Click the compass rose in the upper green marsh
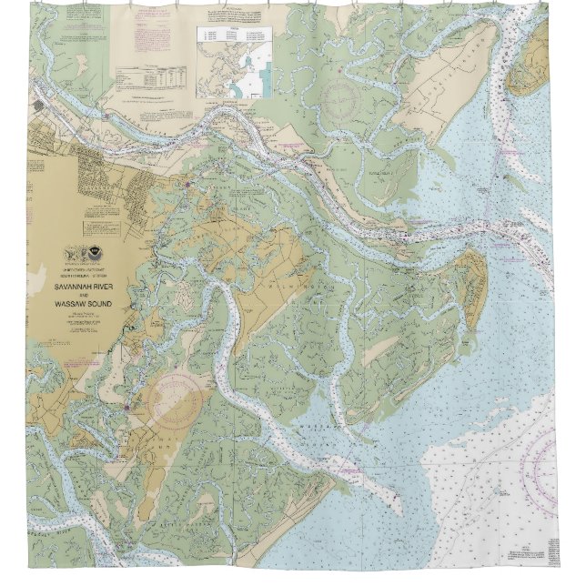click(x=340, y=97)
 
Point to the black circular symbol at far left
click(x=38, y=105)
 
